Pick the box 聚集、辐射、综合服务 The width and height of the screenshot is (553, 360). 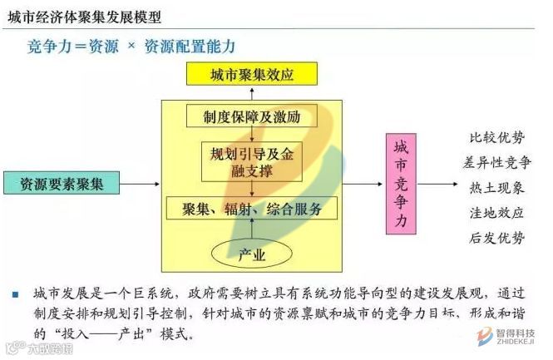252,209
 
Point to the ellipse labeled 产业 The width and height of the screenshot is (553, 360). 252,254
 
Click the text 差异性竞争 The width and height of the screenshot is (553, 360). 496,163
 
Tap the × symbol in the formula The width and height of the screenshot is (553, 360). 130,47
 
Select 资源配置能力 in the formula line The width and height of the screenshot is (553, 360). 190,47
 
